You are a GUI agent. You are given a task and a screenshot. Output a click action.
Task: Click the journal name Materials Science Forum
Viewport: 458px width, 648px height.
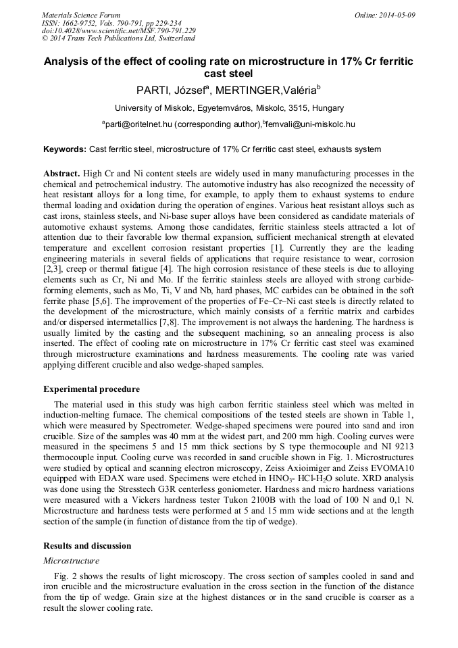(81, 15)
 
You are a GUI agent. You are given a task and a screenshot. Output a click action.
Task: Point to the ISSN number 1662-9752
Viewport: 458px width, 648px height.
(82, 23)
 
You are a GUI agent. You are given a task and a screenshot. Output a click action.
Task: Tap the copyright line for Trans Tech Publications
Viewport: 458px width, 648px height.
(119, 39)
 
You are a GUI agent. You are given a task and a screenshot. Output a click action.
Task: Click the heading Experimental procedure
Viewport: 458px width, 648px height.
(92, 389)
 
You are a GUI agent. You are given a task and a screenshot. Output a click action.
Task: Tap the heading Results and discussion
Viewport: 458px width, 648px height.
(87, 545)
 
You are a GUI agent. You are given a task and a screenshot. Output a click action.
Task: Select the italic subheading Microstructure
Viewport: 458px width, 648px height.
(71, 560)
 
